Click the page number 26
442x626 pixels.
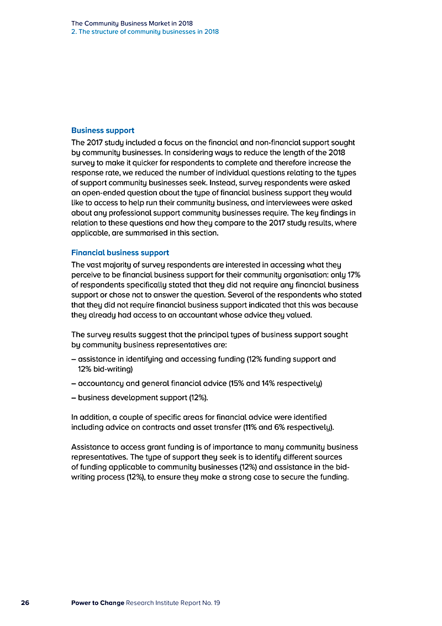point(25,603)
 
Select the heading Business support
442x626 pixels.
point(103,131)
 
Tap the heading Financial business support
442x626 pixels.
point(120,253)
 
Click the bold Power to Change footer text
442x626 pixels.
point(97,603)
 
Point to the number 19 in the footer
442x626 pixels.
point(217,603)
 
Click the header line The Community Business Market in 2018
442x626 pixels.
point(131,24)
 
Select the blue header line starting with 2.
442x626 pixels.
point(145,32)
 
